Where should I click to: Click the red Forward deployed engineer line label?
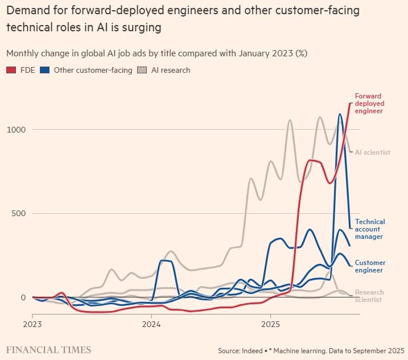click(x=369, y=104)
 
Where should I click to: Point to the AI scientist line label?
click(x=373, y=152)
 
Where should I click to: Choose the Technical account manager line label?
click(x=370, y=229)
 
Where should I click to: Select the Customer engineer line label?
click(x=370, y=266)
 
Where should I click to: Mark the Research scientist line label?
click(x=369, y=296)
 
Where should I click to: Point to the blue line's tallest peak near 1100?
click(x=340, y=114)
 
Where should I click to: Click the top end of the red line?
click(x=351, y=103)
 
